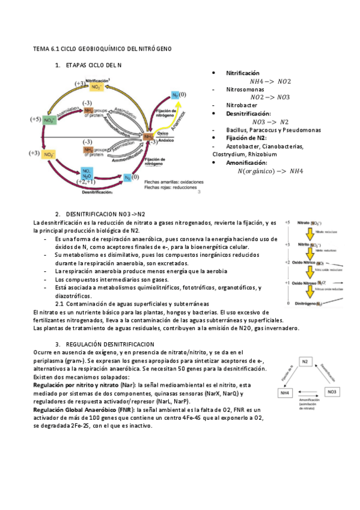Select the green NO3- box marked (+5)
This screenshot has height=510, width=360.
point(50,120)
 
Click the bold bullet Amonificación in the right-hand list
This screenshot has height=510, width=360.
point(248,162)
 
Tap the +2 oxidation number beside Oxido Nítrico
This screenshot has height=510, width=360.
point(287,263)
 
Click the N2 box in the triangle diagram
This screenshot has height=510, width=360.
point(305,361)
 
